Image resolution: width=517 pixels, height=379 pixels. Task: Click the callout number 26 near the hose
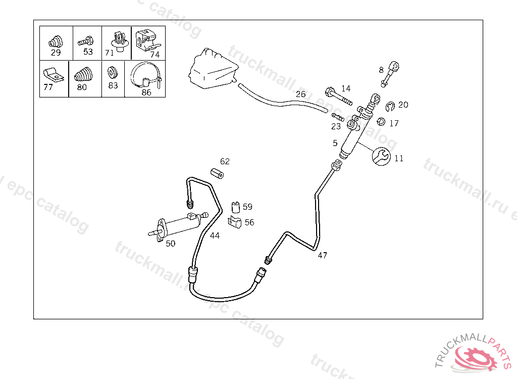(x=300, y=94)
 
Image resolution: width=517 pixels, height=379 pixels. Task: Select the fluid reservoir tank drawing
(x=212, y=70)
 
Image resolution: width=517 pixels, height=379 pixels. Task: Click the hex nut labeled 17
(x=382, y=121)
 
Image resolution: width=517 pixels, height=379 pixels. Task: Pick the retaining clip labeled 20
(x=390, y=106)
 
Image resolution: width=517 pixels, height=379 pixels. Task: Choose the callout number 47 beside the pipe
(x=322, y=255)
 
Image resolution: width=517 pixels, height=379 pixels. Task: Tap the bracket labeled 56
(x=235, y=221)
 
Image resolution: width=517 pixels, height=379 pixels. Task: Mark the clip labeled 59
(x=236, y=207)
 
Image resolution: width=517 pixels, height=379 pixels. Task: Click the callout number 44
(x=215, y=235)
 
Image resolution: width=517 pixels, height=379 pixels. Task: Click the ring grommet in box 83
(x=113, y=73)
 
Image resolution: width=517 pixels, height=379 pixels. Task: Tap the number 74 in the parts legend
(x=154, y=54)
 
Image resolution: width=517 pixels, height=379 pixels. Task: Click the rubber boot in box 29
(x=55, y=40)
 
